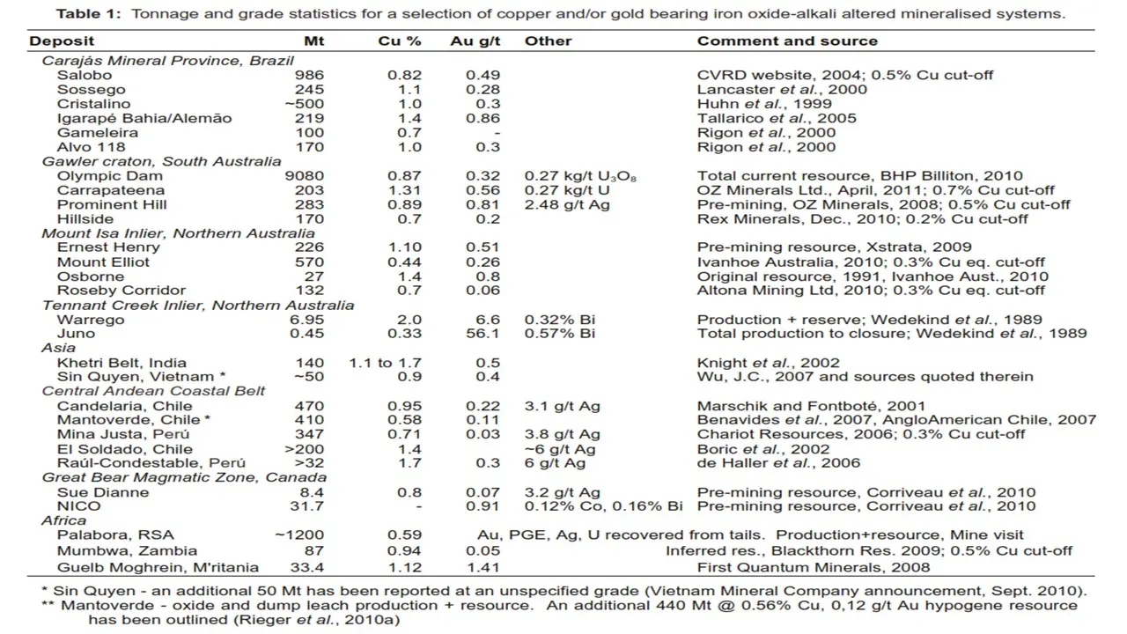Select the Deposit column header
point(62,41)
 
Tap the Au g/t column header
point(475,41)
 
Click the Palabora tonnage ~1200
point(299,535)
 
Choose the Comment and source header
point(787,41)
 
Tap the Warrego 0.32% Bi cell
point(560,320)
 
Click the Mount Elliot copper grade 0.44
point(405,262)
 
